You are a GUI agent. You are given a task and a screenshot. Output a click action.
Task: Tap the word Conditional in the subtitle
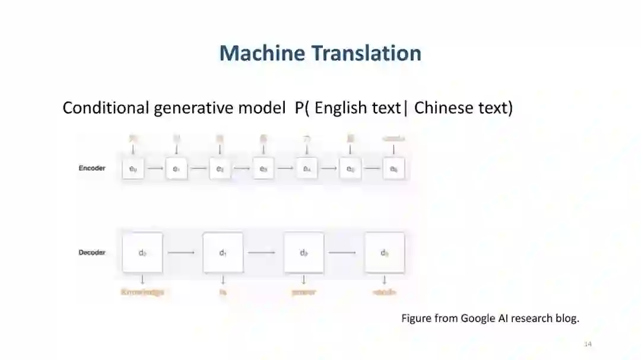(x=106, y=108)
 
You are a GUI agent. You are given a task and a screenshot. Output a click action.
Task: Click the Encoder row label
(x=92, y=168)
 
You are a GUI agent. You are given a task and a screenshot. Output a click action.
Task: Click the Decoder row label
(x=92, y=253)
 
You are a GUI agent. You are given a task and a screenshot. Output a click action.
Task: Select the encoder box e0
(x=133, y=169)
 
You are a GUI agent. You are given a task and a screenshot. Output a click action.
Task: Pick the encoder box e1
(x=176, y=169)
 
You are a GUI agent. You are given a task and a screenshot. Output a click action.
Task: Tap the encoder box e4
(x=307, y=169)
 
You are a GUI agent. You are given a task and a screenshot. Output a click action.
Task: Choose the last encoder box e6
(x=394, y=169)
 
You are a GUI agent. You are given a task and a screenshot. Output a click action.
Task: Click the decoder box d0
(x=142, y=253)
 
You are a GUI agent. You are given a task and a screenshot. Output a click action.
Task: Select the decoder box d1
(x=223, y=253)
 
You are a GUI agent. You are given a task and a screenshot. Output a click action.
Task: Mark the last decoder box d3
(x=385, y=253)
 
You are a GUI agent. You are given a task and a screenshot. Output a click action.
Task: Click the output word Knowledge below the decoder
(x=142, y=292)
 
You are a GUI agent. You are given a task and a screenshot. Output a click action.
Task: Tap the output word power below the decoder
(x=304, y=292)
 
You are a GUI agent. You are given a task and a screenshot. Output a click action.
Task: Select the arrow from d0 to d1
(x=182, y=253)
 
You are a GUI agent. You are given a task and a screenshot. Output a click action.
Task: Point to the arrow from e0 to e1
(x=155, y=169)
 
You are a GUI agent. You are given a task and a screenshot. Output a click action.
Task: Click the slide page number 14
(x=588, y=345)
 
